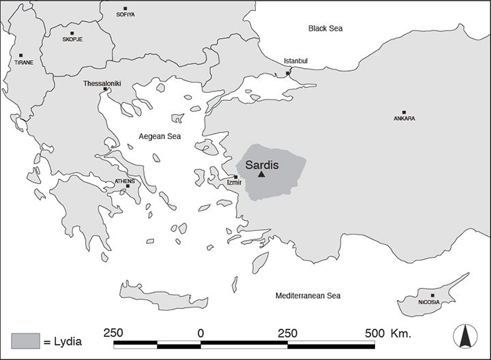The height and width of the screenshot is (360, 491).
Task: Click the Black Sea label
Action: click(x=325, y=29)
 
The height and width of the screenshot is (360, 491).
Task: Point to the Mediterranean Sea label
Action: click(x=308, y=296)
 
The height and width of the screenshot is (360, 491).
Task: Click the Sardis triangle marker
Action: click(x=261, y=175)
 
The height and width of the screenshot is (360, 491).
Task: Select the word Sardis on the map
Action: click(x=262, y=164)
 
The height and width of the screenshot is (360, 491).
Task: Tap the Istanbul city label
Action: click(x=296, y=61)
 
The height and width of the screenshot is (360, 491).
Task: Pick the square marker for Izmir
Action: click(x=236, y=177)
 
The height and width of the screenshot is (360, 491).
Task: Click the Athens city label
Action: click(x=124, y=181)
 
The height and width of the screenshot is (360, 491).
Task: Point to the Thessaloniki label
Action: click(x=102, y=83)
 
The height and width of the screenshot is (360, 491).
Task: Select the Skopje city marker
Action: click(x=72, y=33)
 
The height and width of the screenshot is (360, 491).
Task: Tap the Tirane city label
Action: click(x=24, y=63)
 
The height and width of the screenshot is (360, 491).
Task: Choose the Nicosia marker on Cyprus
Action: click(x=432, y=295)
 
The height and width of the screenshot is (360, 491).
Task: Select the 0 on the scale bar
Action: click(x=200, y=333)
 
